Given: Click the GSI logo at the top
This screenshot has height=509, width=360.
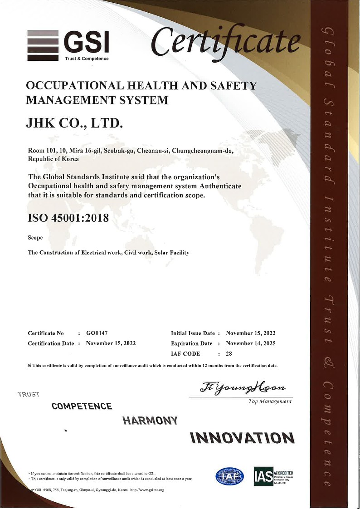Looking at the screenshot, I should pos(68,45).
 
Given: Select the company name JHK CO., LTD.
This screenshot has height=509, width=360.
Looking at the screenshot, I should pos(75,122).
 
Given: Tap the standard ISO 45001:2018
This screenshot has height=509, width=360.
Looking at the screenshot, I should pos(68,218).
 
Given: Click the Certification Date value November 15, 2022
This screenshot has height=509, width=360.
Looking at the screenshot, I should pos(111,343).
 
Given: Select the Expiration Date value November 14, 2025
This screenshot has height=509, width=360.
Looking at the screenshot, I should pos(250,343).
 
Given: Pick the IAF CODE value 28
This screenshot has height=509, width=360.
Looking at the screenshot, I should pos(229,353).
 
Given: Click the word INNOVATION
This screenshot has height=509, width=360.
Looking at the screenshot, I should pos(242,438).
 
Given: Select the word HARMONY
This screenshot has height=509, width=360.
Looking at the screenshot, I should pos(150,421).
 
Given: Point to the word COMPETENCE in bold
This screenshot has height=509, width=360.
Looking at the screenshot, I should pos(82,406).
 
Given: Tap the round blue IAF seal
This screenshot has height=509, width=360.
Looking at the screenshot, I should pos(229,475).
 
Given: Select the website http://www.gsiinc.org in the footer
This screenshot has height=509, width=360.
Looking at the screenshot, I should pos(147,490).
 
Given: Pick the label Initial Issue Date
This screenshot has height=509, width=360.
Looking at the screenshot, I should pos(193,333).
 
